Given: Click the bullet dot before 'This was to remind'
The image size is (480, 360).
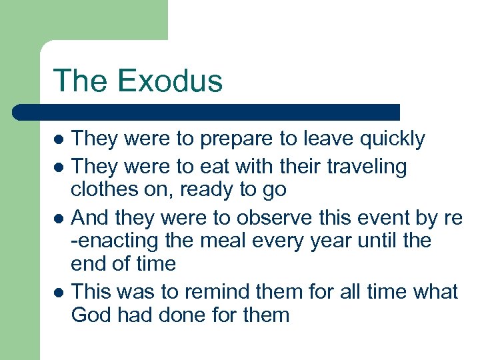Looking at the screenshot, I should (x=59, y=292).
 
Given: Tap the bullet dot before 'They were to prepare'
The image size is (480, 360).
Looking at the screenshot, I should (x=59, y=140).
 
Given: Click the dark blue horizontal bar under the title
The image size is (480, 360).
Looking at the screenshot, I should (x=207, y=112).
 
